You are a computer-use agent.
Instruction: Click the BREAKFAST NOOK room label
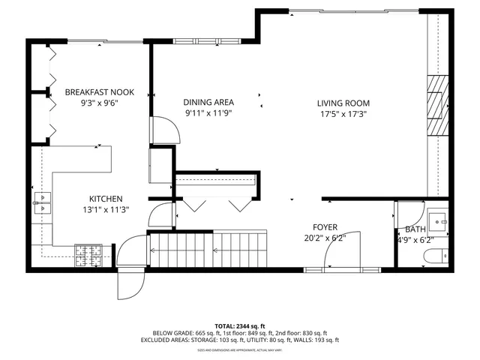click(x=99, y=92)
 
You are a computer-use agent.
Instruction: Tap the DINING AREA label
click(x=209, y=103)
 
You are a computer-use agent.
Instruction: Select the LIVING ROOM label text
click(x=343, y=103)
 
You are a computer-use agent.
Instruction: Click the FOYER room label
click(x=325, y=227)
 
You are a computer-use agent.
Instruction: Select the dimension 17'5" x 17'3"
click(x=343, y=115)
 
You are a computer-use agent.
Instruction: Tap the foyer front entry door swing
click(x=341, y=251)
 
